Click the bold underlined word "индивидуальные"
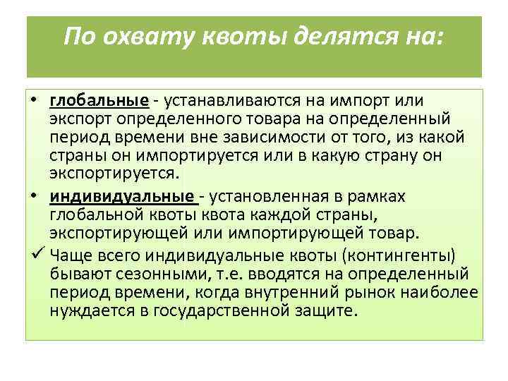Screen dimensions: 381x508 [x=121, y=196]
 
